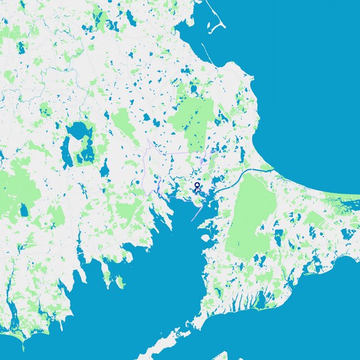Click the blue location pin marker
tap(197, 185)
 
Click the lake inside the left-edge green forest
tap(23, 211)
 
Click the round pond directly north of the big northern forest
tap(194, 89)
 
